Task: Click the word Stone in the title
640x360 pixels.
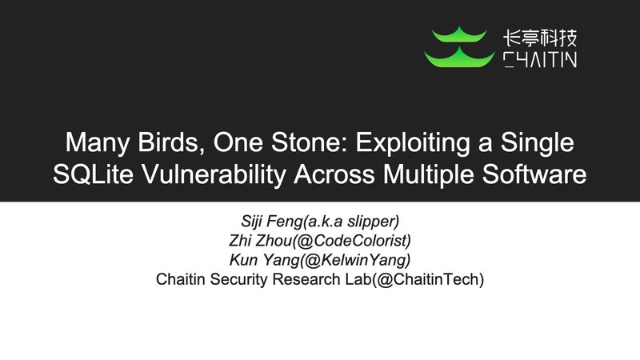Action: (304, 144)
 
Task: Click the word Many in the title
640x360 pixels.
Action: (94, 144)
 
